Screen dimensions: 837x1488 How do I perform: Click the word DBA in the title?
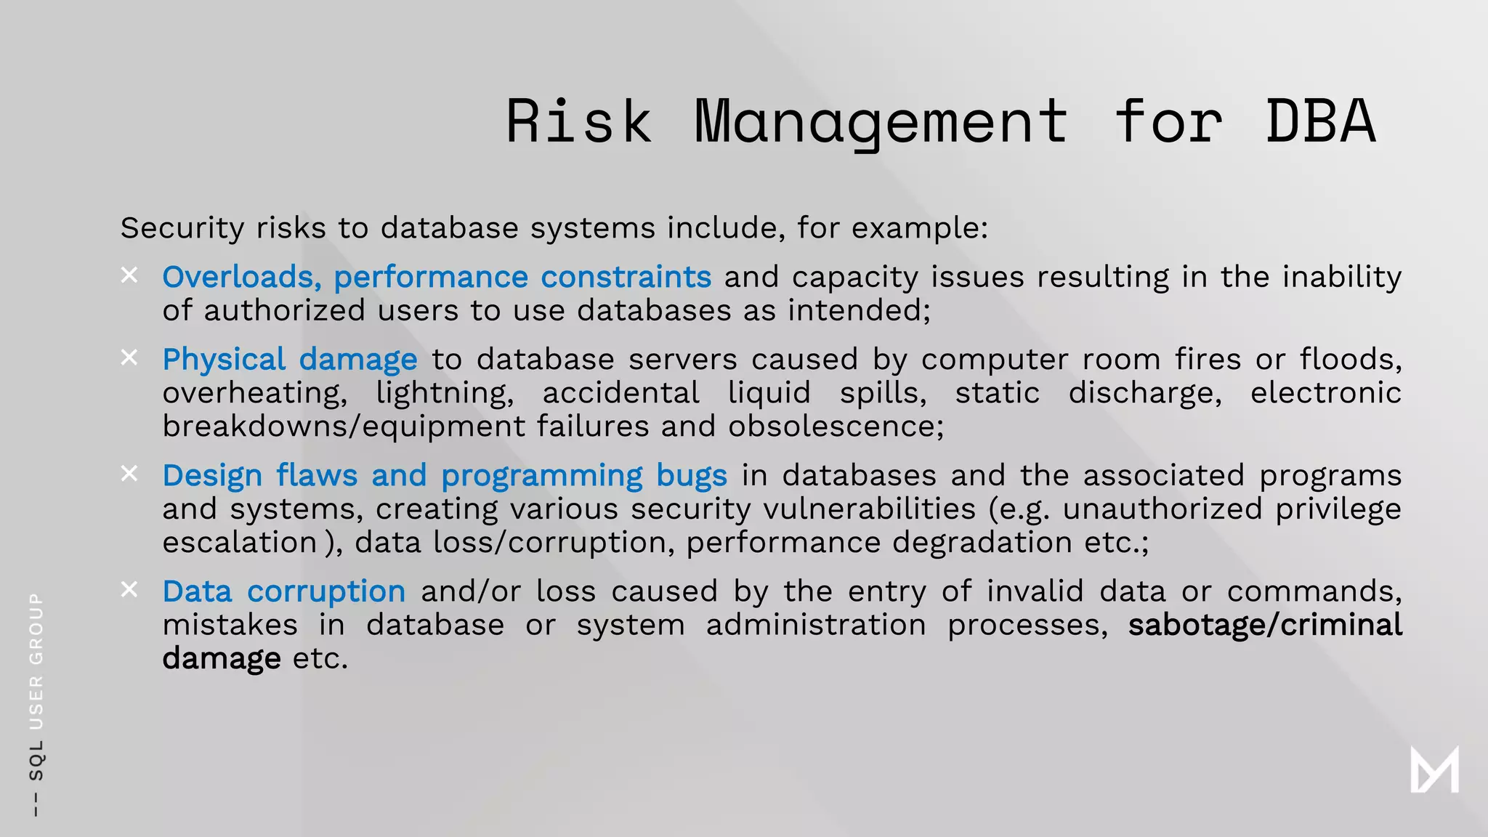[x=1320, y=121]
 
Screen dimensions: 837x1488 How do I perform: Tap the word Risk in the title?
[x=578, y=121]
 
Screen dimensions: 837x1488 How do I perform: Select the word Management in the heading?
[x=881, y=121]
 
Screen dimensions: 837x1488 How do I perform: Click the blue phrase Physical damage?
[x=290, y=359]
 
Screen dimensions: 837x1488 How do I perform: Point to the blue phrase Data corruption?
[x=283, y=591]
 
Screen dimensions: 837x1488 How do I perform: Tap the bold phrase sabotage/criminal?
[x=1264, y=625]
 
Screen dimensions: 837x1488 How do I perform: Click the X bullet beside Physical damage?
[x=129, y=357]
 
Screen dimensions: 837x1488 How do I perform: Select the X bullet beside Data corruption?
[x=129, y=589]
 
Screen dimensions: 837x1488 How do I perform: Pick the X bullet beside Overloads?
[x=129, y=275]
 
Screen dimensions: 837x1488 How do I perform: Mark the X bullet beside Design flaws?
[x=129, y=474]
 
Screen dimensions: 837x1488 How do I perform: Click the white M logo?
[x=1434, y=769]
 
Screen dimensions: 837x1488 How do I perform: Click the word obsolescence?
[x=836, y=426]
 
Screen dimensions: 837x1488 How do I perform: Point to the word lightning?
[x=445, y=393]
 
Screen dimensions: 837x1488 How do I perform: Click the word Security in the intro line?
[x=182, y=228]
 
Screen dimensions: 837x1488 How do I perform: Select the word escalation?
[x=240, y=543]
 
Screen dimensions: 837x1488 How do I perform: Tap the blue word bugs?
[x=691, y=475]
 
